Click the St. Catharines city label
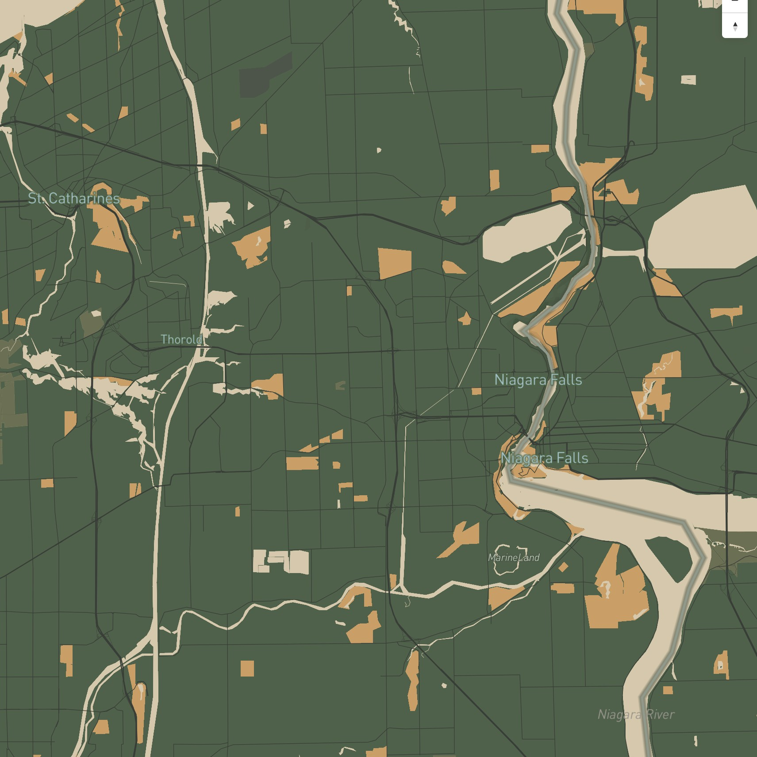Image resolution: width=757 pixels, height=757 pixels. coord(74,198)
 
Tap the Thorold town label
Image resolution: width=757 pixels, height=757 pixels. coord(181,339)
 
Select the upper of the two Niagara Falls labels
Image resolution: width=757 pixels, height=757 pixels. coord(538,380)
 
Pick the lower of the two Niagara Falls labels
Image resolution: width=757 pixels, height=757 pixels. coord(544,458)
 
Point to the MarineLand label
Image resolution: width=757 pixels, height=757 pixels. coord(514,558)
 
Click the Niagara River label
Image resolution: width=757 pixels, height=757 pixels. coord(636,714)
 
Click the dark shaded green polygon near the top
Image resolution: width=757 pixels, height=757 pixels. coord(265,75)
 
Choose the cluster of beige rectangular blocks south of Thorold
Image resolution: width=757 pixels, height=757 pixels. coord(281,562)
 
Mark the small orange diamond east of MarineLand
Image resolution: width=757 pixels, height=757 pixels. coord(563,567)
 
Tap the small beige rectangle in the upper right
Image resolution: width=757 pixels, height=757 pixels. coord(688,80)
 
